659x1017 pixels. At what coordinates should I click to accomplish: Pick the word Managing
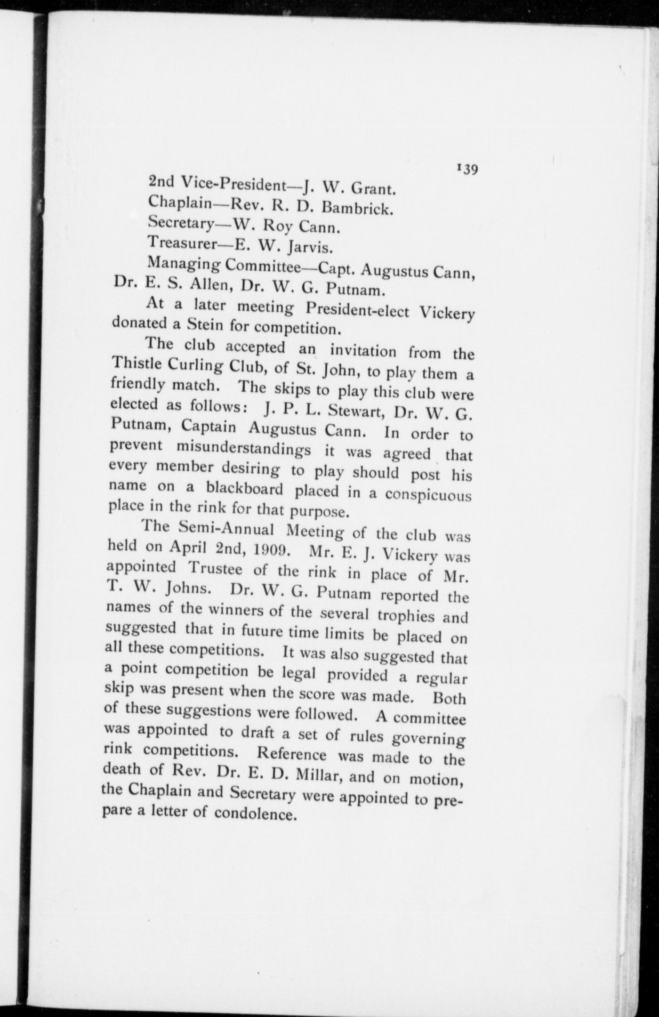point(184,265)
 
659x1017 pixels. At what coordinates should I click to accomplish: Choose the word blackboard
point(245,489)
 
